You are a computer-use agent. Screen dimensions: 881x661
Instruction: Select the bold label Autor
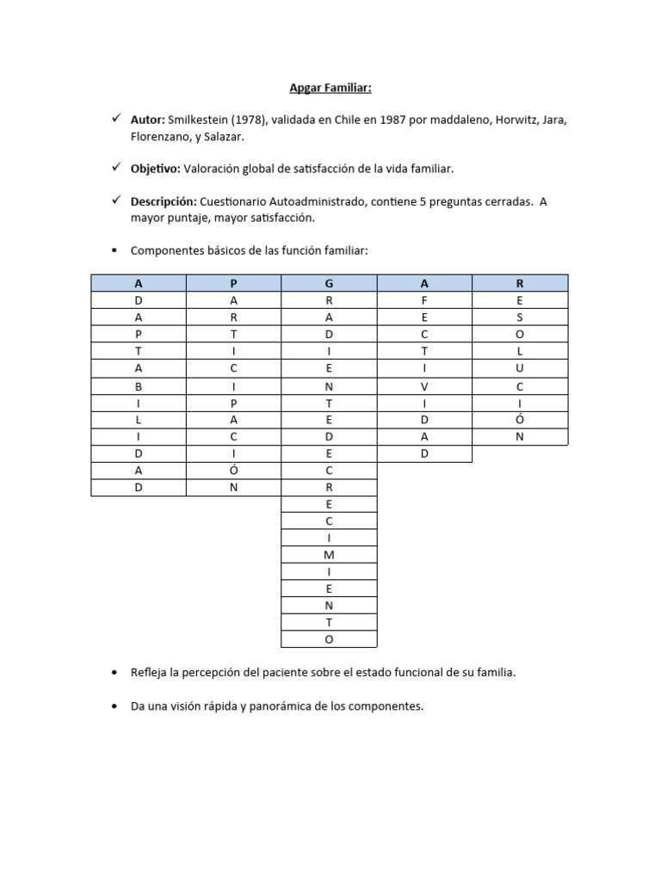point(148,120)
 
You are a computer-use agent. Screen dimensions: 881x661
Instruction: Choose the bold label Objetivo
point(155,169)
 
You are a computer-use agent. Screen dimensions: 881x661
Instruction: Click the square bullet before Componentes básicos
point(114,250)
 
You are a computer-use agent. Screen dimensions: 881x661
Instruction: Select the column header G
point(329,282)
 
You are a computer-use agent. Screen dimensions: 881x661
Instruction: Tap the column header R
point(519,282)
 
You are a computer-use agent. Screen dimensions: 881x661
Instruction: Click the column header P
point(233,282)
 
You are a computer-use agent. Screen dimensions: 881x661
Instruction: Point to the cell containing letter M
point(329,555)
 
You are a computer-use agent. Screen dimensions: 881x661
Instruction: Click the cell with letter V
point(424,386)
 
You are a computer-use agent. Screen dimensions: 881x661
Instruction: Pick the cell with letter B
point(138,386)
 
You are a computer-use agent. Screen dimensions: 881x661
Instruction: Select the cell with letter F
point(424,299)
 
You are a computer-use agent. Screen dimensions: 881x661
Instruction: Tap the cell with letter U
point(519,368)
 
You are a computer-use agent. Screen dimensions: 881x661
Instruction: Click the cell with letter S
point(519,317)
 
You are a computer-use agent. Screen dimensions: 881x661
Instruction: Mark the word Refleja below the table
point(150,673)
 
